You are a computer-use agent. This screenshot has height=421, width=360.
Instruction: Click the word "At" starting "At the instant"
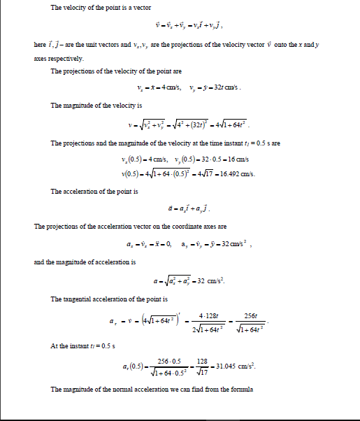coord(55,345)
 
